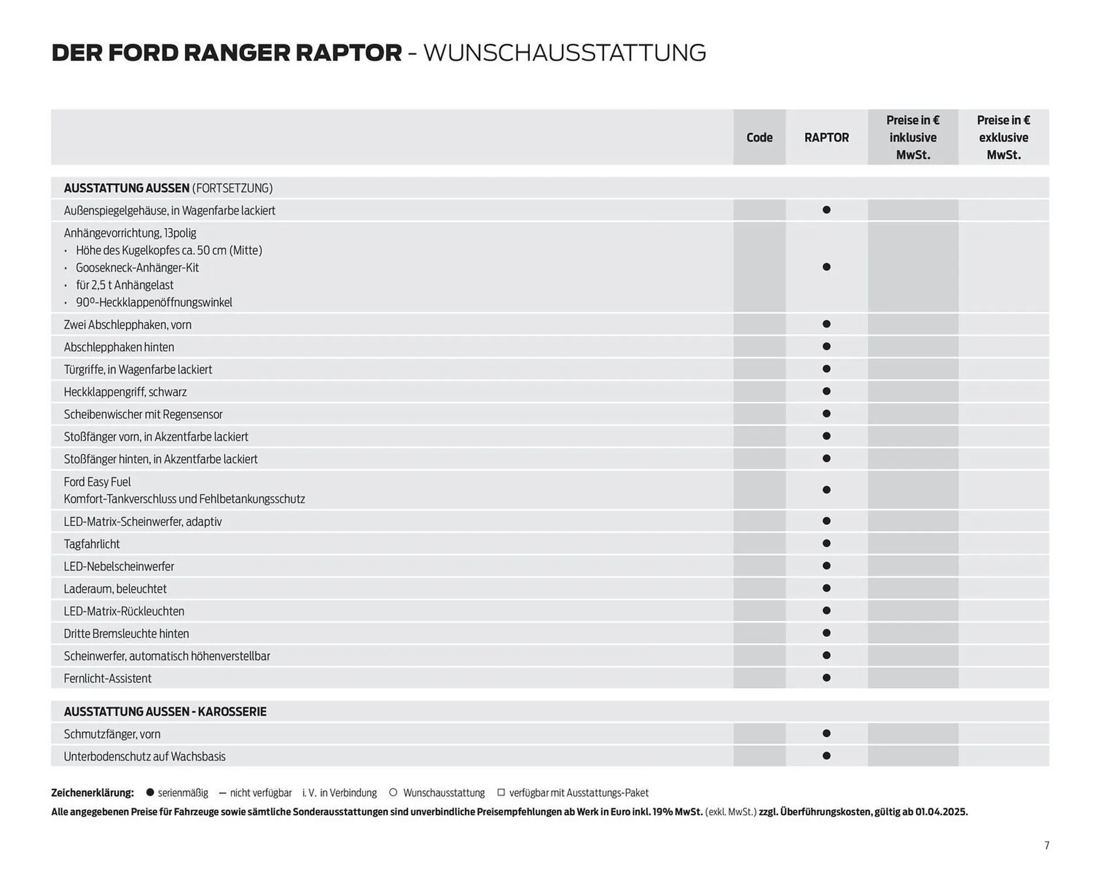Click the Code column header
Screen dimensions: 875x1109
[x=759, y=138]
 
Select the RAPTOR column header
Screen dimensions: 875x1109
[x=826, y=138]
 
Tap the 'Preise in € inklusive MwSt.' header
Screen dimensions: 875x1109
[x=913, y=138]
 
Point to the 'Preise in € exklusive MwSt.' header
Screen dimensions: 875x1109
[x=1003, y=138]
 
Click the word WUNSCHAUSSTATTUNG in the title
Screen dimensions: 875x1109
[x=564, y=53]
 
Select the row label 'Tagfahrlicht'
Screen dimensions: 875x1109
[x=92, y=544]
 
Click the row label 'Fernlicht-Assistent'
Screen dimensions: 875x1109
[x=107, y=679]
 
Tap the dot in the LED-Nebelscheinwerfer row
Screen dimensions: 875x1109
[x=826, y=566]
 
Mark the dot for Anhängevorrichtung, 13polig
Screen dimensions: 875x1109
[x=826, y=267]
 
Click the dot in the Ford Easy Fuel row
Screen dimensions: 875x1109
[x=826, y=490]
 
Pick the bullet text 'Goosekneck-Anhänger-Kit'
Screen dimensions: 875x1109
[x=137, y=268]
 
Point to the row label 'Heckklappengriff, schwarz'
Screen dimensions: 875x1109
[x=125, y=392]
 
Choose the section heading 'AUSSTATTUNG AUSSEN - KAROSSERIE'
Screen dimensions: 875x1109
[x=165, y=711]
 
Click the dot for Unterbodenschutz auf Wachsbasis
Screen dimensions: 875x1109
[x=826, y=756]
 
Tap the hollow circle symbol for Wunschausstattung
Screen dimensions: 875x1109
[x=393, y=792]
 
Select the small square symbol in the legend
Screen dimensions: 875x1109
[x=501, y=792]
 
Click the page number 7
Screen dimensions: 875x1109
[x=1047, y=846]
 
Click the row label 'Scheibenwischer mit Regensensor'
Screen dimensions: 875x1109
[x=143, y=414]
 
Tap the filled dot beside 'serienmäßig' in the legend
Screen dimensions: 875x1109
[x=150, y=792]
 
